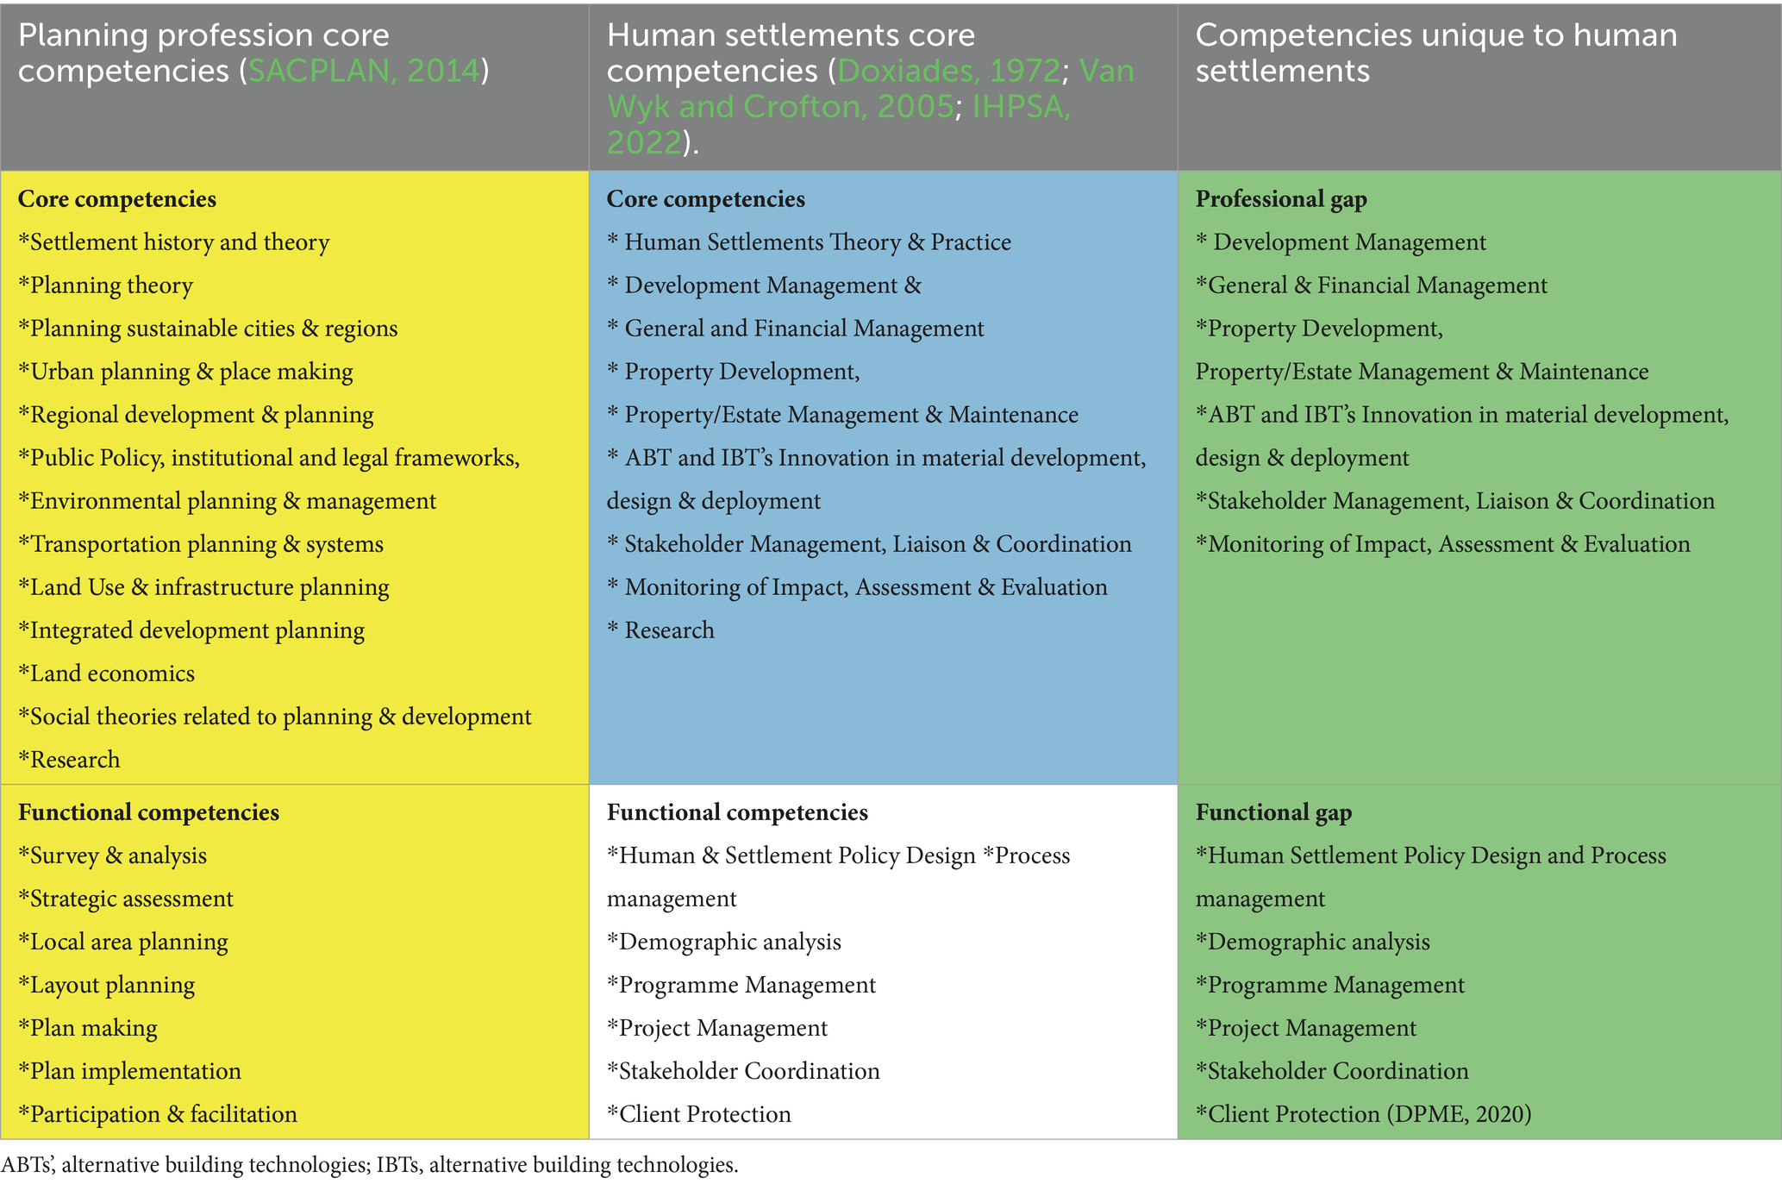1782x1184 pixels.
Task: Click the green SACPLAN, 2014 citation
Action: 363,71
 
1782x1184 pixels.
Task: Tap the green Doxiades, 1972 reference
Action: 948,71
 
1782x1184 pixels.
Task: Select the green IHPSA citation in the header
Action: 1021,107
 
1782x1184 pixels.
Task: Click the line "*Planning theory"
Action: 106,285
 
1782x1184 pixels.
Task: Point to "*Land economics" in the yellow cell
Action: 107,673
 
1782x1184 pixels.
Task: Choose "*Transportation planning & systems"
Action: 201,544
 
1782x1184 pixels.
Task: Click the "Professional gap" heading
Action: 1281,199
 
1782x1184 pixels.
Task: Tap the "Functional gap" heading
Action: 1273,812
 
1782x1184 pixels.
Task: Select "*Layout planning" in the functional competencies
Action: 107,985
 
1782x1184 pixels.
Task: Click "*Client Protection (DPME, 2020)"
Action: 1363,1114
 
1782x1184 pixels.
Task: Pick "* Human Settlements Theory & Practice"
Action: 809,242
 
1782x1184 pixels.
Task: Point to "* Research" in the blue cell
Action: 660,630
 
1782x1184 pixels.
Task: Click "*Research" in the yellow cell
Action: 70,760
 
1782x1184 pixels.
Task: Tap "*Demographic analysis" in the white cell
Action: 724,942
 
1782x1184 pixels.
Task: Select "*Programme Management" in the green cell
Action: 1329,985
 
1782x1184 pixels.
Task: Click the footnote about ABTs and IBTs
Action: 370,1165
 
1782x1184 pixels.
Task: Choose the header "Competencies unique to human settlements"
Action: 1435,53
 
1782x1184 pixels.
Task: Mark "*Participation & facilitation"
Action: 158,1114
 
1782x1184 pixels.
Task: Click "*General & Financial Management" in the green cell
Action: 1371,285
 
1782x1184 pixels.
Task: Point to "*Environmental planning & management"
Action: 228,501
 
